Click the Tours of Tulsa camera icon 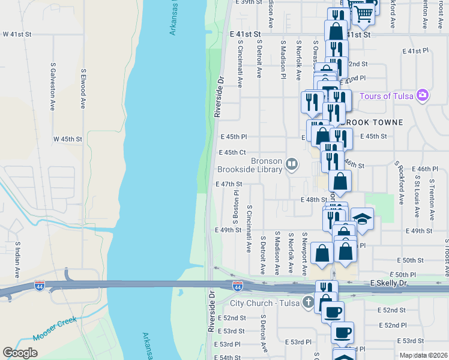(x=423, y=96)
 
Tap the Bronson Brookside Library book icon (x=292, y=164)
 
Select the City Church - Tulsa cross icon (x=308, y=301)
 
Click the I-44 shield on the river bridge (x=238, y=286)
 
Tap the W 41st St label (x=17, y=34)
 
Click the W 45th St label (x=67, y=139)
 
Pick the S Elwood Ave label (x=83, y=88)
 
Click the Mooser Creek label (x=56, y=329)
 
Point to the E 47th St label (x=229, y=184)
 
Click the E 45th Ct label (x=233, y=152)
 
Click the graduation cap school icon (x=362, y=218)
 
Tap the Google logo (x=20, y=353)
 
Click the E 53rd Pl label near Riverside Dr (x=229, y=344)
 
